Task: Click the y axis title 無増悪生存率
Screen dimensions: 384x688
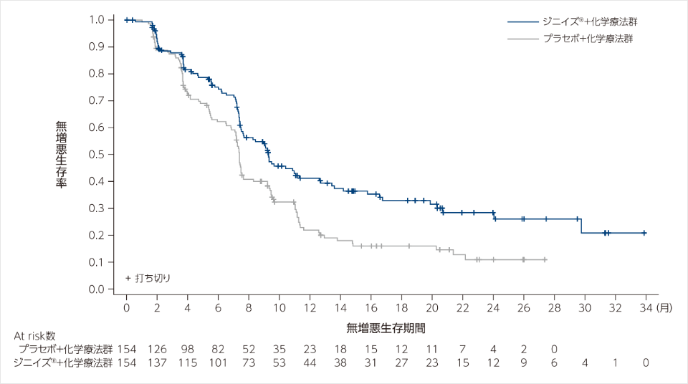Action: (62, 154)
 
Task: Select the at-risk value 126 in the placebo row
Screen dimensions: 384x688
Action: (157, 349)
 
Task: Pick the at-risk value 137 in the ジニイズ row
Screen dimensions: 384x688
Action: (157, 363)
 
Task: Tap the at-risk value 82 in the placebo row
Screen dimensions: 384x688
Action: (218, 349)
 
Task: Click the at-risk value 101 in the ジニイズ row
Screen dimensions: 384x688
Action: (218, 363)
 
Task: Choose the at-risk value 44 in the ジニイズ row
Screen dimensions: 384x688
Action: (310, 363)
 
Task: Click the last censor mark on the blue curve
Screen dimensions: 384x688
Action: (644, 233)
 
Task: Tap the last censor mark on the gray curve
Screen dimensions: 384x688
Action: (545, 259)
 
